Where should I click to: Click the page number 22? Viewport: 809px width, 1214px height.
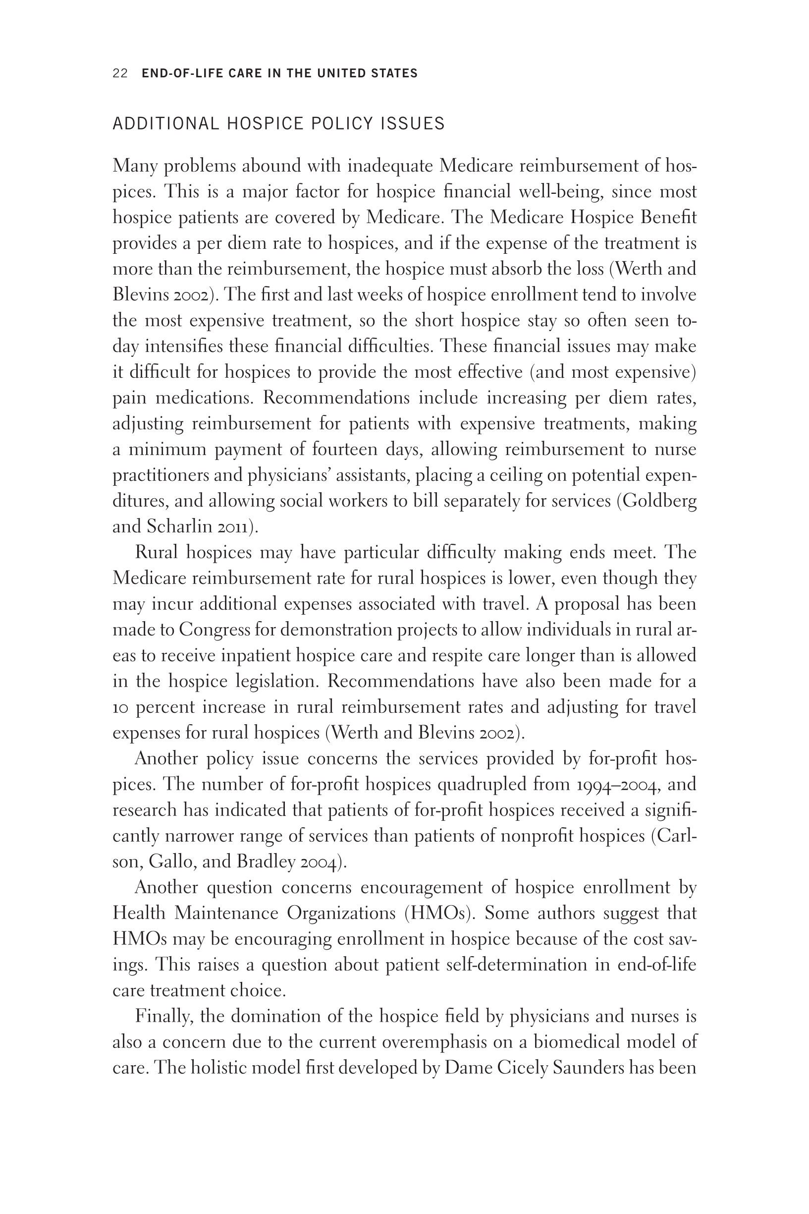[120, 73]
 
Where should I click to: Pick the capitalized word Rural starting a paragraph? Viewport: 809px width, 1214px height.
[157, 553]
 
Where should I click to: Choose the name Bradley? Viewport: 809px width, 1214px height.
[265, 863]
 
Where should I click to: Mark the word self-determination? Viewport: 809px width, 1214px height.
[516, 965]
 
